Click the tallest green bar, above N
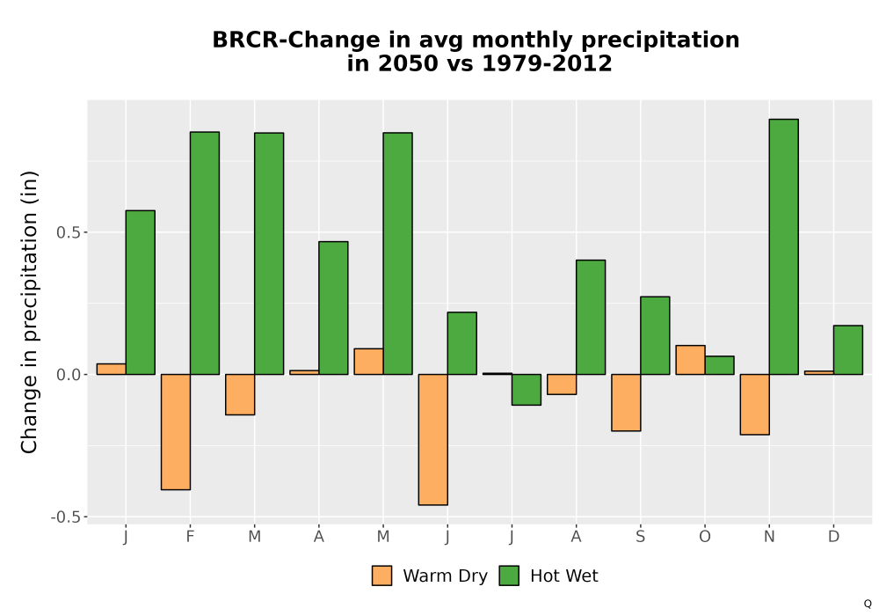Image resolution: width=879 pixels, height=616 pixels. [x=784, y=247]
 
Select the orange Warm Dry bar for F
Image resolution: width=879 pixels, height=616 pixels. [x=176, y=432]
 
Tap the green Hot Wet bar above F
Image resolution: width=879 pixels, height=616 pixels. [x=205, y=253]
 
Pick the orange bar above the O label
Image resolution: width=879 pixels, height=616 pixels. [x=690, y=360]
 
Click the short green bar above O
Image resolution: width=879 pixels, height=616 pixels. [x=719, y=365]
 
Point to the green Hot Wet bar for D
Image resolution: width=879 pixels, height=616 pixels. [x=848, y=350]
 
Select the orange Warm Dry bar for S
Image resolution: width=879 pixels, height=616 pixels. [x=626, y=403]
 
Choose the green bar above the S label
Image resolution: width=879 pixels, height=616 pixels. [x=655, y=335]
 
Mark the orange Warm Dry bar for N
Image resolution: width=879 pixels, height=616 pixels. [x=754, y=405]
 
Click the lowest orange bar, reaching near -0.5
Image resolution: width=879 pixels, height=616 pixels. [x=432, y=440]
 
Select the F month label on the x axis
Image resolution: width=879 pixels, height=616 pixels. [x=190, y=537]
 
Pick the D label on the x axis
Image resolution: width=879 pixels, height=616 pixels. [x=833, y=537]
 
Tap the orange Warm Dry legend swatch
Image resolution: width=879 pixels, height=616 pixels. [x=381, y=576]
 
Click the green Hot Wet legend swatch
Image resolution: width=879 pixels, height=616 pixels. [x=509, y=576]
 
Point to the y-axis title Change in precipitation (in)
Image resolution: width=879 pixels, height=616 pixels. [x=29, y=312]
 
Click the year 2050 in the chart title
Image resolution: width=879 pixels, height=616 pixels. [x=408, y=63]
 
